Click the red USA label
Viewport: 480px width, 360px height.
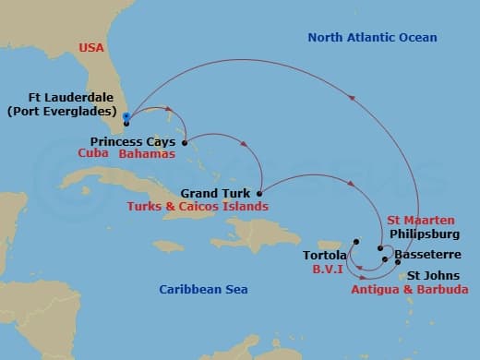point(91,47)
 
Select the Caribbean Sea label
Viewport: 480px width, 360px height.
point(203,289)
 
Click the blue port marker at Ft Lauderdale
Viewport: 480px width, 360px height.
point(126,116)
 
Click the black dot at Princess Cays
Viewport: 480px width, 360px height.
point(185,143)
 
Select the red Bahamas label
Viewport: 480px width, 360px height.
point(144,154)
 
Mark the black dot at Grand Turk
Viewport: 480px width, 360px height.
point(258,194)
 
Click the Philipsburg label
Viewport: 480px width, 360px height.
point(425,234)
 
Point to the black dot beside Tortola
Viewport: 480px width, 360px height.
point(355,242)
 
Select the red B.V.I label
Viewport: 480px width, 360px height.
point(329,270)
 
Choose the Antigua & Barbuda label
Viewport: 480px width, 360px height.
point(410,289)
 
